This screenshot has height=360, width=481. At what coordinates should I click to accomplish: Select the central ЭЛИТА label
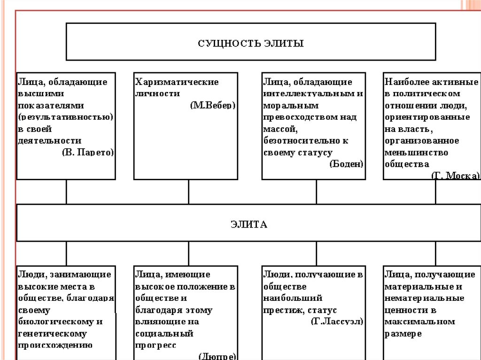click(249, 224)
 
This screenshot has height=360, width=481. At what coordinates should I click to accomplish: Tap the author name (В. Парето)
click(88, 153)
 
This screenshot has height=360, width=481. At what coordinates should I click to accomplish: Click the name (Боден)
click(347, 164)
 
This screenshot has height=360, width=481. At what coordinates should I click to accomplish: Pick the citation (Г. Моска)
click(455, 176)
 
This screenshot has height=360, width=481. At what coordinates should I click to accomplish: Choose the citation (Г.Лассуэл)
click(337, 322)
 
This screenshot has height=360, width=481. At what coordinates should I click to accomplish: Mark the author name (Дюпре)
click(217, 356)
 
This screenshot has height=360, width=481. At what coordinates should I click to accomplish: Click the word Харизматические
click(177, 82)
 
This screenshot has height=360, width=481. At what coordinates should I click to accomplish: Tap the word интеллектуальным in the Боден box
click(309, 93)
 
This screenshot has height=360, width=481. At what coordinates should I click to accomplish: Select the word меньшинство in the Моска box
click(416, 153)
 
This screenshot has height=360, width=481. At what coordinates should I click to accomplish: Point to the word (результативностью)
click(66, 117)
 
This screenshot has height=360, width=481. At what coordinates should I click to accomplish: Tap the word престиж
click(280, 310)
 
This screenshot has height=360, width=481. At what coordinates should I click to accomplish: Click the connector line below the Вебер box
click(188, 191)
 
